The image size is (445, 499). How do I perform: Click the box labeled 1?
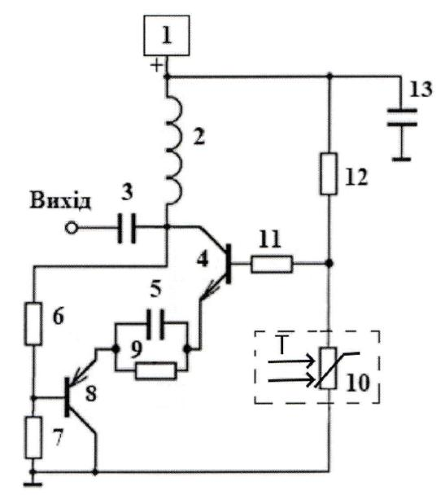(166, 35)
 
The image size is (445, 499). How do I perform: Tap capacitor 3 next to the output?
(127, 228)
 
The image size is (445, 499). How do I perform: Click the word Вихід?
(60, 201)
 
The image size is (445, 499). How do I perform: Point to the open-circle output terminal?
(72, 228)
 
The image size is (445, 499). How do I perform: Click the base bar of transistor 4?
(229, 264)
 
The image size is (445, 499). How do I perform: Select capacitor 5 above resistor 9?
(156, 324)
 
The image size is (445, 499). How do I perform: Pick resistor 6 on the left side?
(33, 324)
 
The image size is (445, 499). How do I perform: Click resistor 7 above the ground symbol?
(33, 437)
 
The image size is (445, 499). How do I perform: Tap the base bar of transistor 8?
(67, 397)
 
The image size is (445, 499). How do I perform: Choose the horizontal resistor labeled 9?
(155, 370)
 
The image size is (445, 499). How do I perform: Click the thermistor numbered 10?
(329, 368)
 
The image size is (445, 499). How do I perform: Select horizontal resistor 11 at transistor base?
(272, 264)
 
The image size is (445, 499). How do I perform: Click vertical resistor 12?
(329, 173)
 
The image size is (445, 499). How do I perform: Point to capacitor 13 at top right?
(402, 117)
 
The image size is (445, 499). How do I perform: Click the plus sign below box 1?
(156, 66)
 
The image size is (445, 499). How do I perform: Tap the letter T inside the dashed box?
(282, 344)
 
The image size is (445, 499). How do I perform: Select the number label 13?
(421, 89)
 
